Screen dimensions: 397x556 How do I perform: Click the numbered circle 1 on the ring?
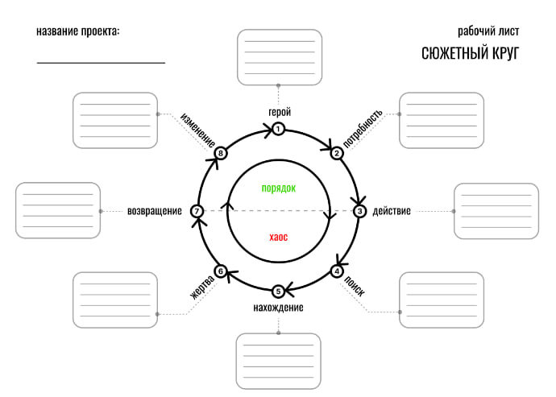tap(278, 129)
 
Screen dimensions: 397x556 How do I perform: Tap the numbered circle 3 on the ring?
tap(360, 211)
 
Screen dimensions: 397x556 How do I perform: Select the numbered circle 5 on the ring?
tap(278, 292)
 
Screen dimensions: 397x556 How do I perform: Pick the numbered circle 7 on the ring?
tap(197, 211)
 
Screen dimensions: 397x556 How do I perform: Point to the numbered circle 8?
tap(221, 153)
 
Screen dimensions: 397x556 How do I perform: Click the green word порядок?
tap(279, 188)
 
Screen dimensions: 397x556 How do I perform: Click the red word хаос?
tap(279, 237)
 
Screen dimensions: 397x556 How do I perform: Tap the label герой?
tap(279, 112)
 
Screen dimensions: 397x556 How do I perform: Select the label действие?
tap(392, 211)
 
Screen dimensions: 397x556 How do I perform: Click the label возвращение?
tap(154, 211)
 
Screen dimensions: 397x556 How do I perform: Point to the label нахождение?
tap(278, 308)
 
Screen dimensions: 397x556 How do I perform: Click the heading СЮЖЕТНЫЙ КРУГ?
tap(471, 54)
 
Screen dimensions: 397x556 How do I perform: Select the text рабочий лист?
tap(493, 31)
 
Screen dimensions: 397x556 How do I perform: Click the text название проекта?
tap(78, 31)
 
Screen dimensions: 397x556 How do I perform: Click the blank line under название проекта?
tap(101, 62)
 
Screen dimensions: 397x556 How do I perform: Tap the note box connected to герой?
tap(279, 57)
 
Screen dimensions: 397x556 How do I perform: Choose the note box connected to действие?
tap(496, 211)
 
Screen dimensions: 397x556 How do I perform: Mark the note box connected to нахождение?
tap(278, 362)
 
